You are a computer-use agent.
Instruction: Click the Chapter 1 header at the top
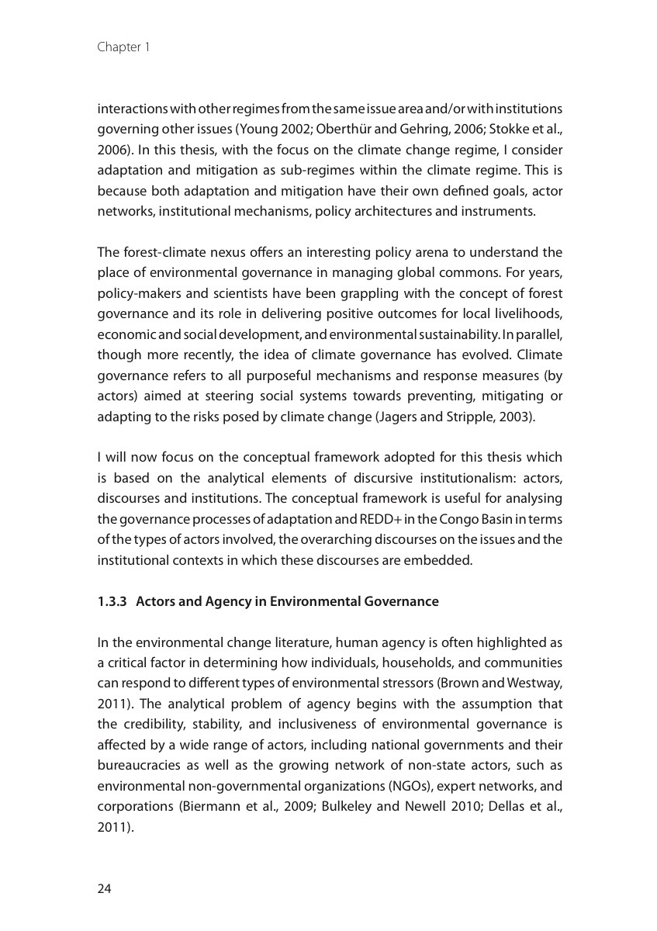tap(123, 47)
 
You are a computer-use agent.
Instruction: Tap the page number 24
tap(105, 889)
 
